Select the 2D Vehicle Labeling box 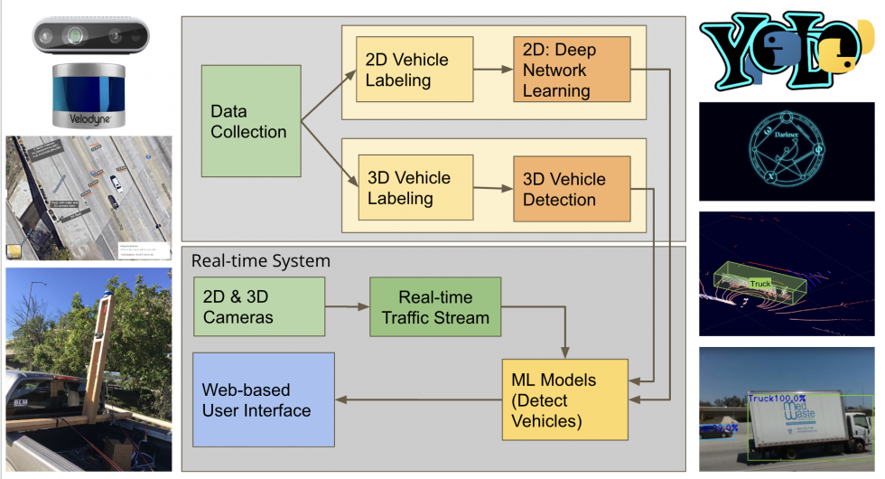pos(415,70)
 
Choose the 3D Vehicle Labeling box pos(415,187)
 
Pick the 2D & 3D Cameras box pos(259,307)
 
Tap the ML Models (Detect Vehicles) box pos(554,400)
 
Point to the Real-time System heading pos(261,261)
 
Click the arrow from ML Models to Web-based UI pos(417,399)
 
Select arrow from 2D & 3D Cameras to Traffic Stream pos(347,307)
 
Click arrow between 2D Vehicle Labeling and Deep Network pos(493,68)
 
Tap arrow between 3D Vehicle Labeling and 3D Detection pos(493,188)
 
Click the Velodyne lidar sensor pos(88,95)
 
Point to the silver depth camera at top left pos(88,37)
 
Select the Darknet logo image pos(787,151)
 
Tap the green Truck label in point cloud pos(760,284)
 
